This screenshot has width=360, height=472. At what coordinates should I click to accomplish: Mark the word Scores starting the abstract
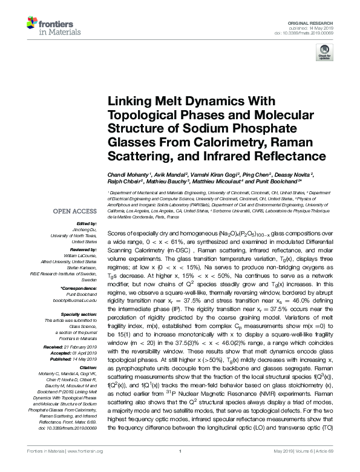pyautogui.click(x=117, y=232)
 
